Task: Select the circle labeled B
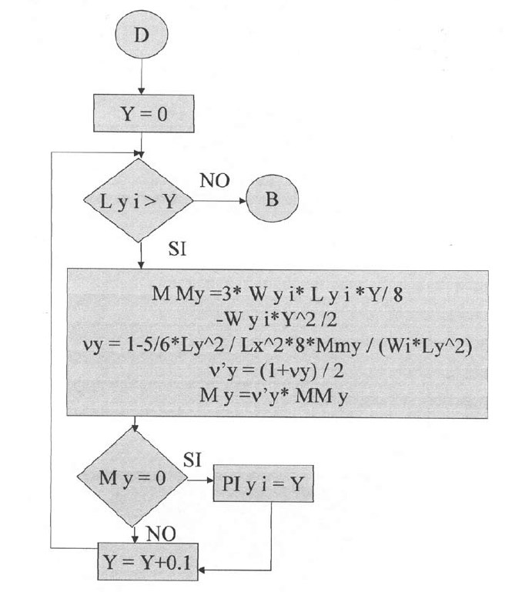point(271,201)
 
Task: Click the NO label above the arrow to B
point(215,182)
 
